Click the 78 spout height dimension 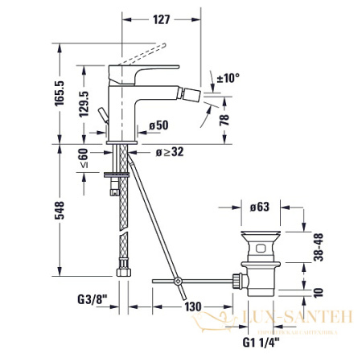click(x=226, y=120)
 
